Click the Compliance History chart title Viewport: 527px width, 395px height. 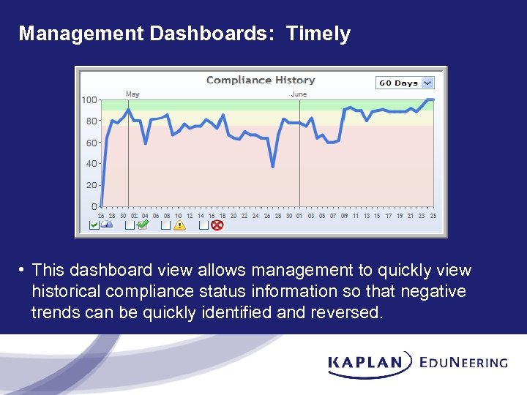pyautogui.click(x=261, y=80)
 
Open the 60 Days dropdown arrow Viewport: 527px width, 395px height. pyautogui.click(x=428, y=83)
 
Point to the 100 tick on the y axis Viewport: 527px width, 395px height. pyautogui.click(x=89, y=100)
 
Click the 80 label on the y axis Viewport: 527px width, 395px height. pyautogui.click(x=91, y=121)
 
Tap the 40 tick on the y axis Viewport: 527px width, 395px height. pyautogui.click(x=91, y=164)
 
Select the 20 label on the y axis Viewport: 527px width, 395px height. pyautogui.click(x=91, y=185)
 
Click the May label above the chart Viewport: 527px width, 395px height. pyautogui.click(x=132, y=94)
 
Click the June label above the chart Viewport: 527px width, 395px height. pyautogui.click(x=299, y=94)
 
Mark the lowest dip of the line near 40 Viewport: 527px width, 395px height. pyautogui.click(x=273, y=167)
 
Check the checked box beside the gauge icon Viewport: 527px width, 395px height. pyautogui.click(x=94, y=225)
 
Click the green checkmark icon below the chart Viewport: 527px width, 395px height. pyautogui.click(x=143, y=225)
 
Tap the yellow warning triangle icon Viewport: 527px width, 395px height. pyautogui.click(x=179, y=225)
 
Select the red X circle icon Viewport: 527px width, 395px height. pyautogui.click(x=217, y=225)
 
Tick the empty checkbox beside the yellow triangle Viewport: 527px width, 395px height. pyautogui.click(x=166, y=225)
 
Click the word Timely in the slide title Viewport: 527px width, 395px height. pyautogui.click(x=318, y=34)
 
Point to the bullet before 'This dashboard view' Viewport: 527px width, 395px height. pyautogui.click(x=23, y=271)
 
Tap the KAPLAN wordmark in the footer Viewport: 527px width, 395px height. pyautogui.click(x=366, y=362)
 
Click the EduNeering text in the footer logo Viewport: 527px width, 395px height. pyautogui.click(x=463, y=362)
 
